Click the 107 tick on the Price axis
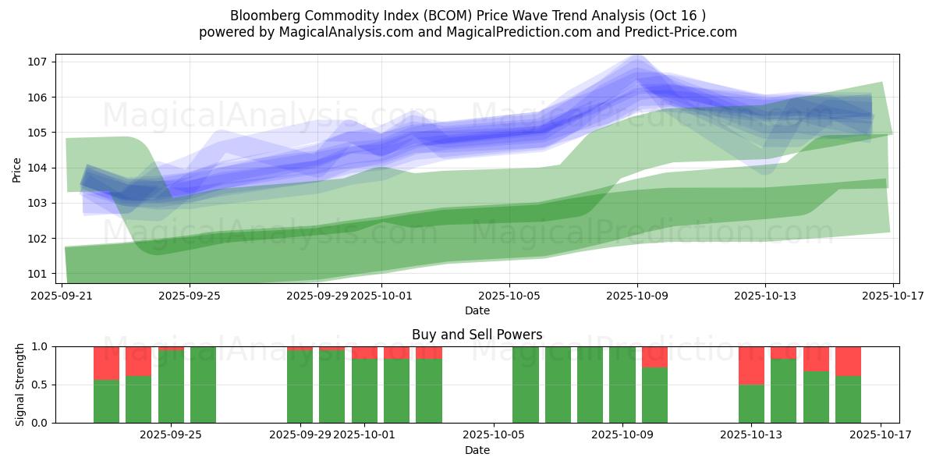(39, 62)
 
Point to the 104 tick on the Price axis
(39, 168)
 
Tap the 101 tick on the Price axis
(39, 274)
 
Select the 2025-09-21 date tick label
(62, 296)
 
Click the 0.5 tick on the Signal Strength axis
(40, 385)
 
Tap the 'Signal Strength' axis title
(20, 385)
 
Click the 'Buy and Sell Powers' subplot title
(477, 335)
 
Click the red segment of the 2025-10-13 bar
(751, 365)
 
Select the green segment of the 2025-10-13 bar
(751, 403)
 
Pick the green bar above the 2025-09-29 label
(300, 386)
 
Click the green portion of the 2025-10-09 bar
(622, 385)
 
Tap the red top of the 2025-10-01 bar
(364, 353)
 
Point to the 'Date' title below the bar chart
(477, 450)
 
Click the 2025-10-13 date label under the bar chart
(751, 435)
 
